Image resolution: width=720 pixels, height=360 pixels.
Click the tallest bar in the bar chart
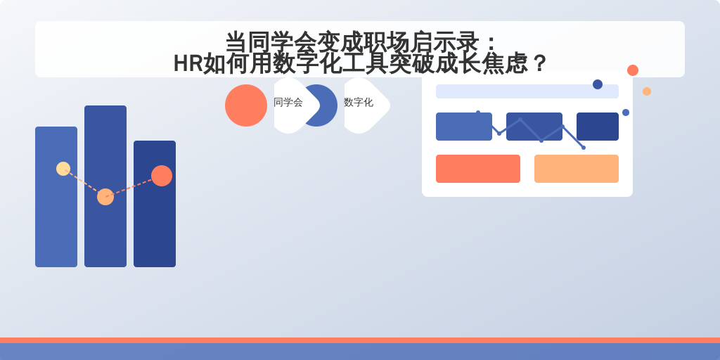(105, 186)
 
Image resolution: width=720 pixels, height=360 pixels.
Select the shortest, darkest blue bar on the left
(154, 203)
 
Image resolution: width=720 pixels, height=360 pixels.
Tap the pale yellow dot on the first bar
(63, 169)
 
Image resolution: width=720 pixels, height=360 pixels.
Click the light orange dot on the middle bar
(105, 197)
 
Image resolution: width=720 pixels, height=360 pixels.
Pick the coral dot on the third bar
(162, 175)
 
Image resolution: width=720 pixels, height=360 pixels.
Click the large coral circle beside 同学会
(246, 105)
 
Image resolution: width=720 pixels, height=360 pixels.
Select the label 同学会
(288, 103)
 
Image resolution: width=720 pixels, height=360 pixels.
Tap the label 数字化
(358, 103)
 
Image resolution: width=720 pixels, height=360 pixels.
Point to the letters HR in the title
(188, 63)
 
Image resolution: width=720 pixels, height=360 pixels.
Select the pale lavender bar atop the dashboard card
(527, 91)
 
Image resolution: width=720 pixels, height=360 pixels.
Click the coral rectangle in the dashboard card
(478, 169)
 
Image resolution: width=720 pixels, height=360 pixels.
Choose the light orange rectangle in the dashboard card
(577, 169)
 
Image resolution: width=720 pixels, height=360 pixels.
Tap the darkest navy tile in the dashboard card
(598, 127)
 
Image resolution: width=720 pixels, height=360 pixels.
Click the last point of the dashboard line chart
(584, 148)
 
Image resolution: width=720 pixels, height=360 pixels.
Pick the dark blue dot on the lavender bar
(598, 84)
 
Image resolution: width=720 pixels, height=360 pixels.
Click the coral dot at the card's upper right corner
(633, 70)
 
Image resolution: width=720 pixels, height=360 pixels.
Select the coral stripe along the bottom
(360, 340)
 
